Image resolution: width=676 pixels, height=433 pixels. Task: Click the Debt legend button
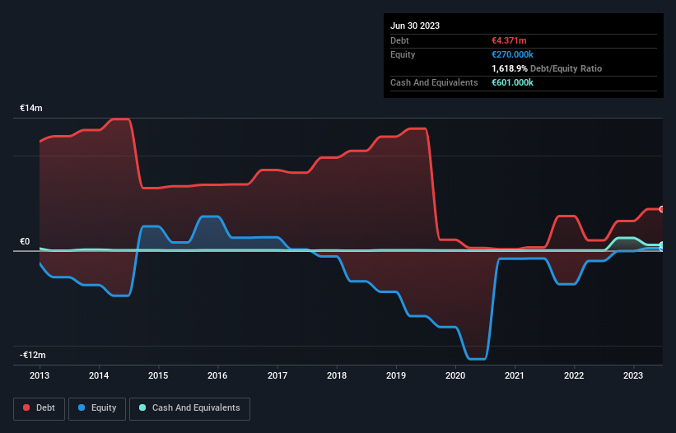tap(38, 407)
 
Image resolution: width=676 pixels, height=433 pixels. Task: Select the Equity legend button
tap(97, 407)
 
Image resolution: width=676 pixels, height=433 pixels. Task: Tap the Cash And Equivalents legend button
tap(189, 407)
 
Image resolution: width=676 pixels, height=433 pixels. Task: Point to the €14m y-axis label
tap(31, 109)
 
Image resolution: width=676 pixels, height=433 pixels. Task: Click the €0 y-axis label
tap(25, 241)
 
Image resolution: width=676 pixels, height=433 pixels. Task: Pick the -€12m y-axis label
tap(34, 355)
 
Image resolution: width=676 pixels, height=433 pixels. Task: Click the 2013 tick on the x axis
tap(40, 375)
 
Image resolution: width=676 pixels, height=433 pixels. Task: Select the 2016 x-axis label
tap(217, 375)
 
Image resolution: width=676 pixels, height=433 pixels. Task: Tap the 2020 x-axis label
tap(455, 375)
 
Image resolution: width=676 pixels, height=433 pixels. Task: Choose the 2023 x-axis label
tap(634, 375)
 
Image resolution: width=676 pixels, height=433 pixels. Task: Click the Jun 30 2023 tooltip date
tap(415, 26)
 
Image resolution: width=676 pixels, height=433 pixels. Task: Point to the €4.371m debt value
tap(510, 40)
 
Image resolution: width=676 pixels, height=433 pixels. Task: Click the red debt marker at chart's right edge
tap(662, 209)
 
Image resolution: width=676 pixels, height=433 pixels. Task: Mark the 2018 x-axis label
tap(336, 375)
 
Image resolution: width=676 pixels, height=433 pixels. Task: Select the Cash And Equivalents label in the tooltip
tap(434, 82)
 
